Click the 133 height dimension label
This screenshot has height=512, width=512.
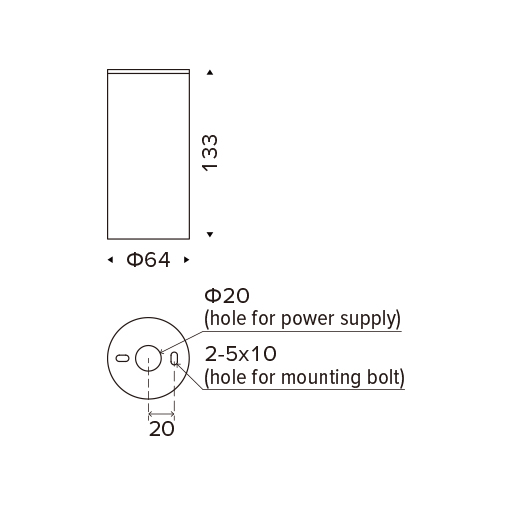[210, 153]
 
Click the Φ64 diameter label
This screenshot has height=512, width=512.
[148, 260]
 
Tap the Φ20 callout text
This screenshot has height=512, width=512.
[227, 296]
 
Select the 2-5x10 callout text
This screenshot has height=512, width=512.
[240, 354]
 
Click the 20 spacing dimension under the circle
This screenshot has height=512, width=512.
[162, 429]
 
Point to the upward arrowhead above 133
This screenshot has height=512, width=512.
[210, 72]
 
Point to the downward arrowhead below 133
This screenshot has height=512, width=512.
[210, 234]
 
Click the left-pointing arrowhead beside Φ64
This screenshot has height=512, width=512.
[110, 260]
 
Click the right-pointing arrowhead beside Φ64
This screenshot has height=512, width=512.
[187, 260]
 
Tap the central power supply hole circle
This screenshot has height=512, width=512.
[148, 345]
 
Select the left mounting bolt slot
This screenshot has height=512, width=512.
[122, 358]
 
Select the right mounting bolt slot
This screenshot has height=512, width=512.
[174, 358]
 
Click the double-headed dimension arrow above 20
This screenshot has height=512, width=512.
[161, 414]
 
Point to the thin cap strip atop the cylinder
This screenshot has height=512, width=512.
[148, 71]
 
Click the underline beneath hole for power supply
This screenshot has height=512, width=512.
[303, 331]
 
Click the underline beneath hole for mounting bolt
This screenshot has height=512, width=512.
[304, 389]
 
